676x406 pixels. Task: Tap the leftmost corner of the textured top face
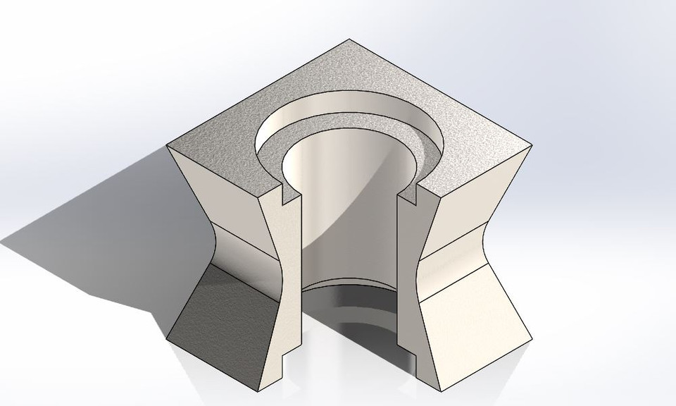pyautogui.click(x=168, y=146)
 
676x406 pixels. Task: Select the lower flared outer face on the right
pyautogui.click(x=475, y=310)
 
